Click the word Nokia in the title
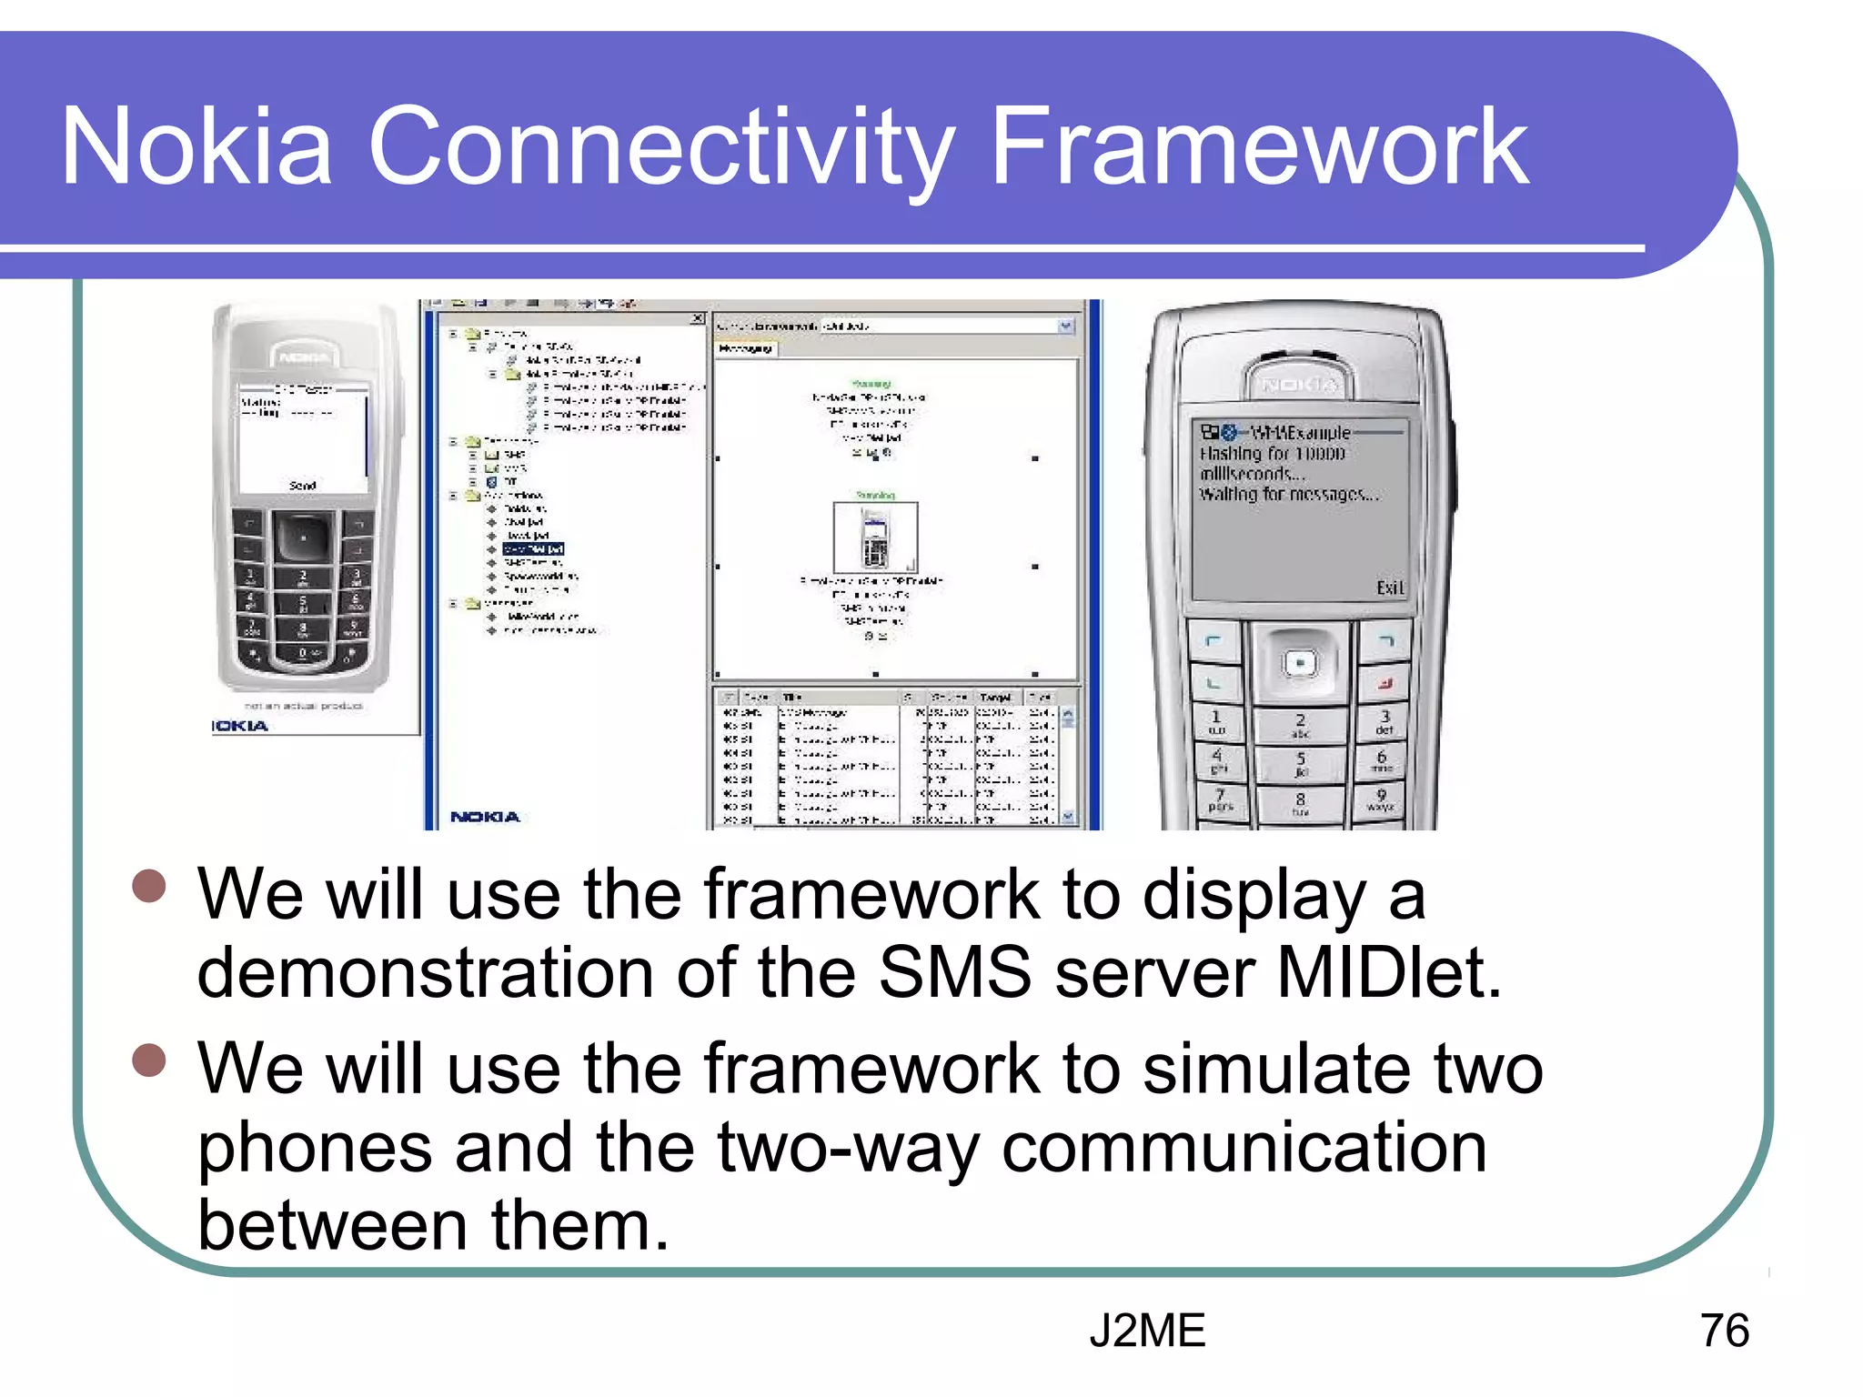[196, 147]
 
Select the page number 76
[1724, 1331]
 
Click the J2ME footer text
[1147, 1331]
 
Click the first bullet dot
[149, 886]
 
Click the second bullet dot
[149, 1060]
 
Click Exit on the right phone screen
[1389, 588]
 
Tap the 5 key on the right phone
[1300, 763]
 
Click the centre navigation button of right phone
[1300, 663]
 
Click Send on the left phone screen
[303, 486]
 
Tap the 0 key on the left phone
[303, 653]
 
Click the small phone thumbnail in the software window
[875, 537]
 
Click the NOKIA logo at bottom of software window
[485, 817]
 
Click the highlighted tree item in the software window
[534, 549]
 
